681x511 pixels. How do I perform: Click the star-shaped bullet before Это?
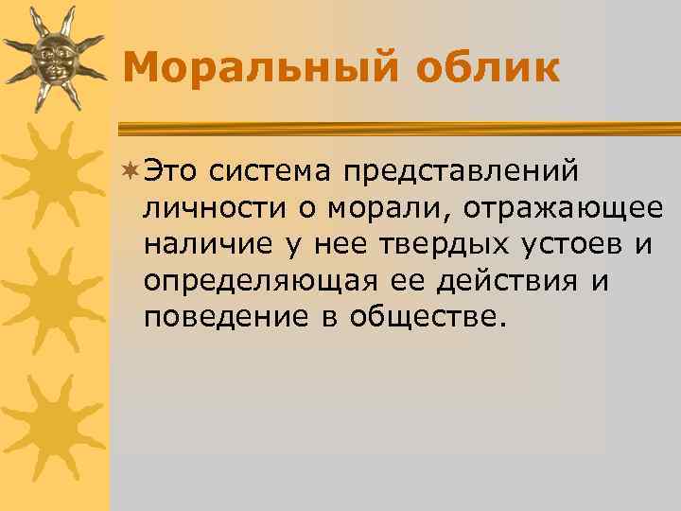(x=131, y=170)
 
